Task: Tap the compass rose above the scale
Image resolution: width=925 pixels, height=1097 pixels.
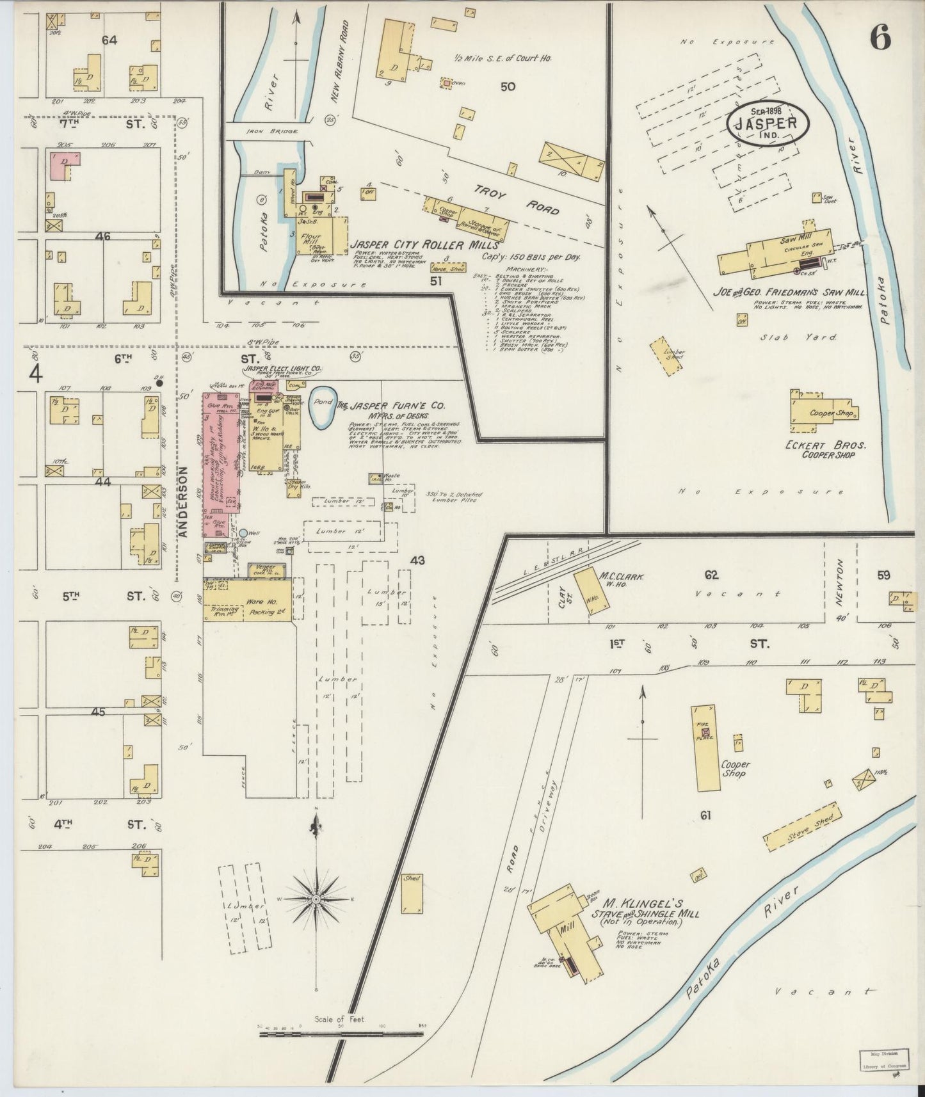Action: (x=316, y=899)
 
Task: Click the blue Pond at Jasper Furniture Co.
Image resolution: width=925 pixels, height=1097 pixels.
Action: (x=322, y=408)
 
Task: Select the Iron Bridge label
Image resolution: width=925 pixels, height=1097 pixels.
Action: (x=270, y=131)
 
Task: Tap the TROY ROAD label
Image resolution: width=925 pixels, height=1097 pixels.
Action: (x=517, y=199)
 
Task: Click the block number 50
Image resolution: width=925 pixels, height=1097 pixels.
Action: (x=508, y=86)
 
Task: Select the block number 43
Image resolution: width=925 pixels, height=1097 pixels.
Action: (x=417, y=561)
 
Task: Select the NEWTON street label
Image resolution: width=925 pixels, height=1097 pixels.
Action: (x=841, y=579)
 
